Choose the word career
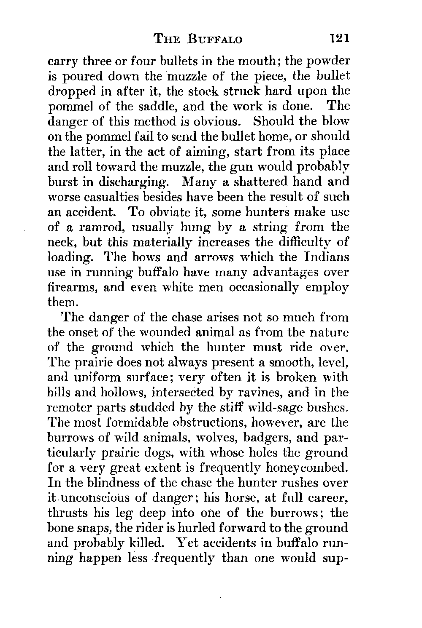327,498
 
